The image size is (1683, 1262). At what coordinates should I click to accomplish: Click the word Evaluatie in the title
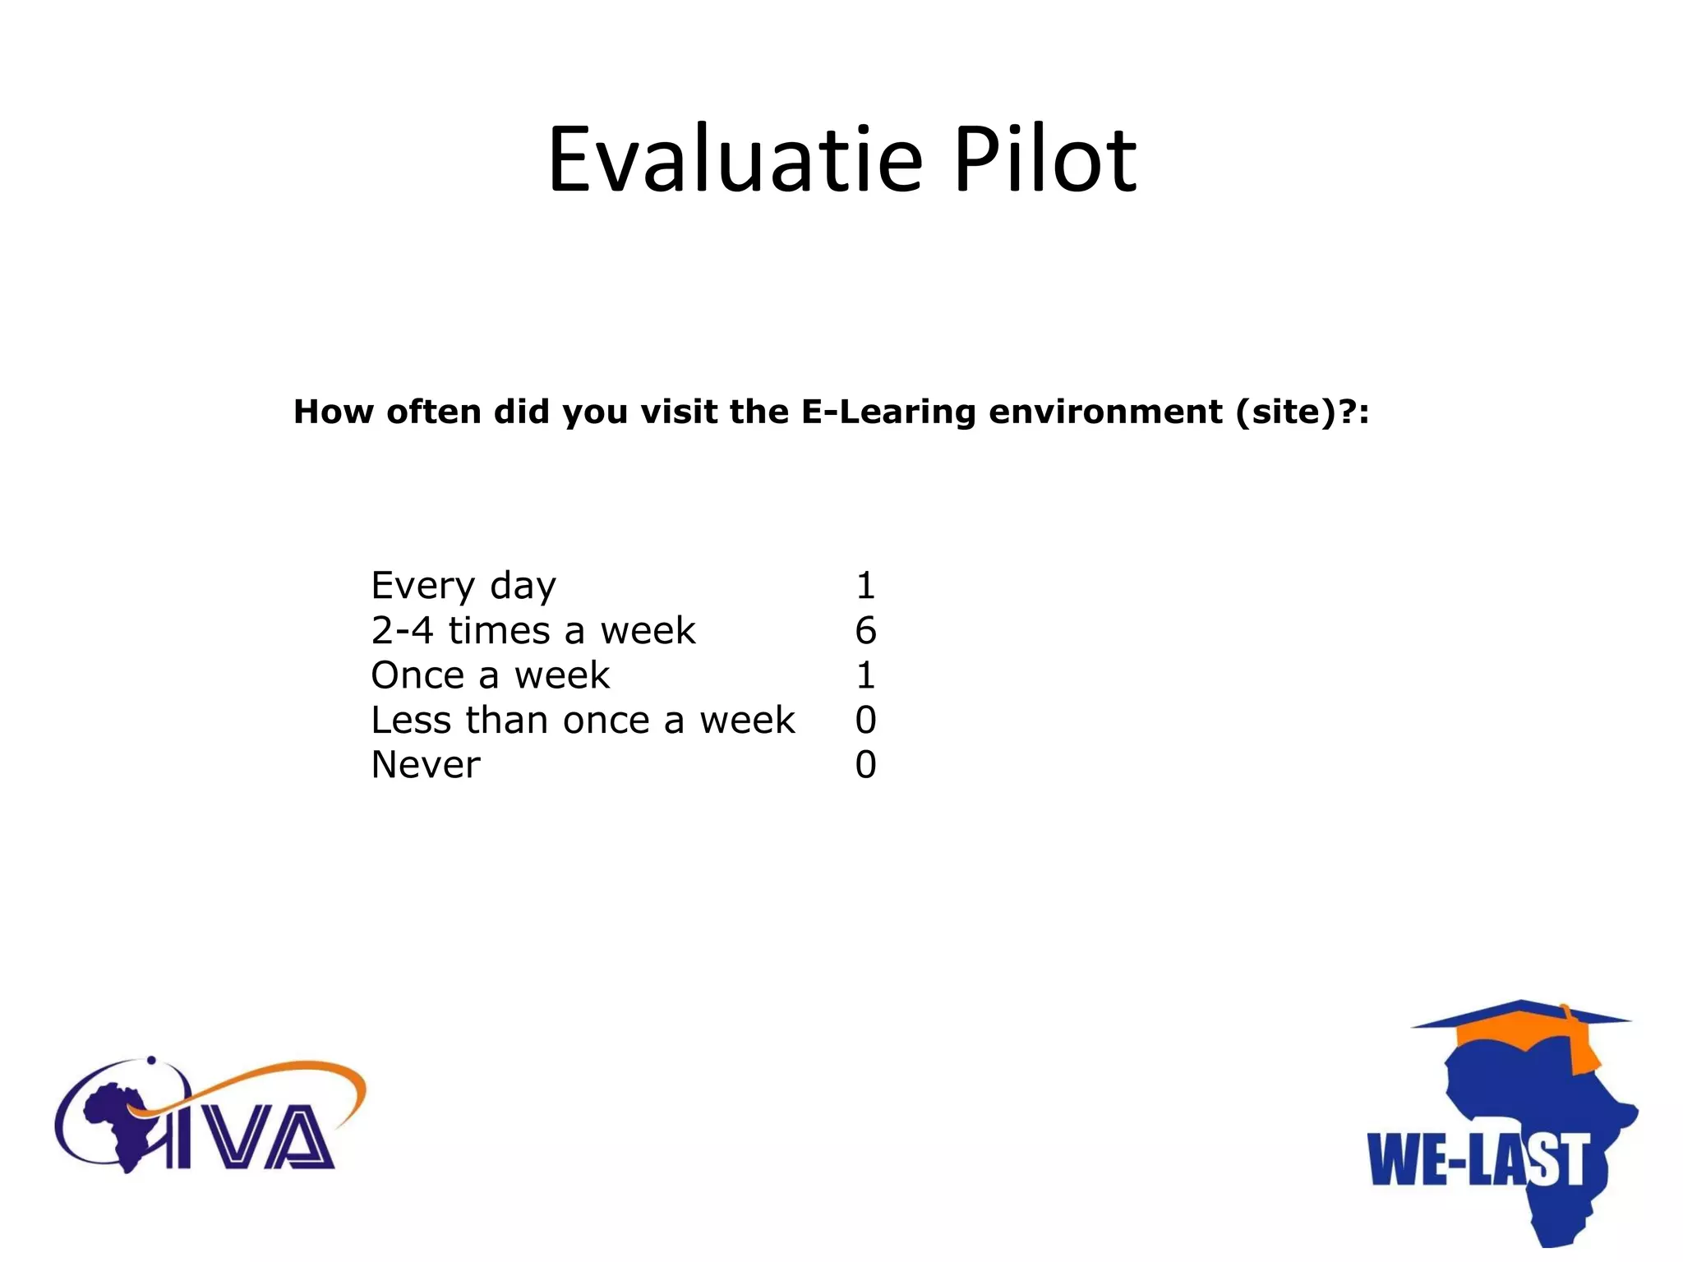coord(735,159)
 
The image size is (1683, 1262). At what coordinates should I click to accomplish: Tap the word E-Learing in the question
coord(888,412)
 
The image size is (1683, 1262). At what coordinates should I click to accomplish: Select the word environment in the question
coord(1105,412)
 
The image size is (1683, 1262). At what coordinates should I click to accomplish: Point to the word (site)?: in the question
coord(1303,412)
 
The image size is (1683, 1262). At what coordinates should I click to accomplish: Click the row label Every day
coord(463,586)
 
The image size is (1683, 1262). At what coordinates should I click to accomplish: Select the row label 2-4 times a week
coord(533,631)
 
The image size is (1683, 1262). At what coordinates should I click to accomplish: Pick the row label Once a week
coord(490,675)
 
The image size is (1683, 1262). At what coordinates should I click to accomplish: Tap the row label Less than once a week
coord(583,721)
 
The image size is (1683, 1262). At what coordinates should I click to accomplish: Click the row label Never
coord(426,765)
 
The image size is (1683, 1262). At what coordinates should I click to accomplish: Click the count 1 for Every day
coord(865,586)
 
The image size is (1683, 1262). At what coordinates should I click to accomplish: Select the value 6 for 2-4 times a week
coord(865,631)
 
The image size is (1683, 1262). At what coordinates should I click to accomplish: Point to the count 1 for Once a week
coord(865,675)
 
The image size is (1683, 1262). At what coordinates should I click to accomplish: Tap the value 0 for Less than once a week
coord(865,721)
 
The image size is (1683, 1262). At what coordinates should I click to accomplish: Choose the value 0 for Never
coord(865,765)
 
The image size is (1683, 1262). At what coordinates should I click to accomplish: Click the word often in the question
coord(433,412)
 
